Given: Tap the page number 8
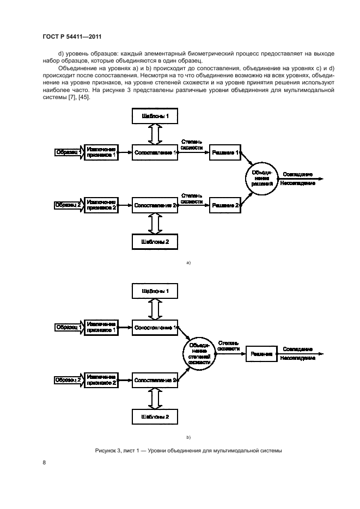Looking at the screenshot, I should coord(44,463).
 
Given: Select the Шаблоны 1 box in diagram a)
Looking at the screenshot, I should coord(155,116).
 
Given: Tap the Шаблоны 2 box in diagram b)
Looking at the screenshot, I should coord(155,416).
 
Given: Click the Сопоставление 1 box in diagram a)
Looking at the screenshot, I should coord(156,153).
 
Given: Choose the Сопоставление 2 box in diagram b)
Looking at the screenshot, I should coord(156,380).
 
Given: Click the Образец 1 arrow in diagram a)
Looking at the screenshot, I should coord(68,153).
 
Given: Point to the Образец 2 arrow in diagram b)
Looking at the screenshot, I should coord(68,380).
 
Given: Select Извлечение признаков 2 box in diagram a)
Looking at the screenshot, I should coord(101,205).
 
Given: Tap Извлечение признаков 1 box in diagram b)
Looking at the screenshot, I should coord(101,327).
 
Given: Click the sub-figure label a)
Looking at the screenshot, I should coord(188,263).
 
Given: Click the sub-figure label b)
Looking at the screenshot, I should coord(188,437).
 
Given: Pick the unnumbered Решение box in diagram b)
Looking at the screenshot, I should coord(261,354).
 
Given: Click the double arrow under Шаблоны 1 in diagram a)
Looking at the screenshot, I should coord(155,134).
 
